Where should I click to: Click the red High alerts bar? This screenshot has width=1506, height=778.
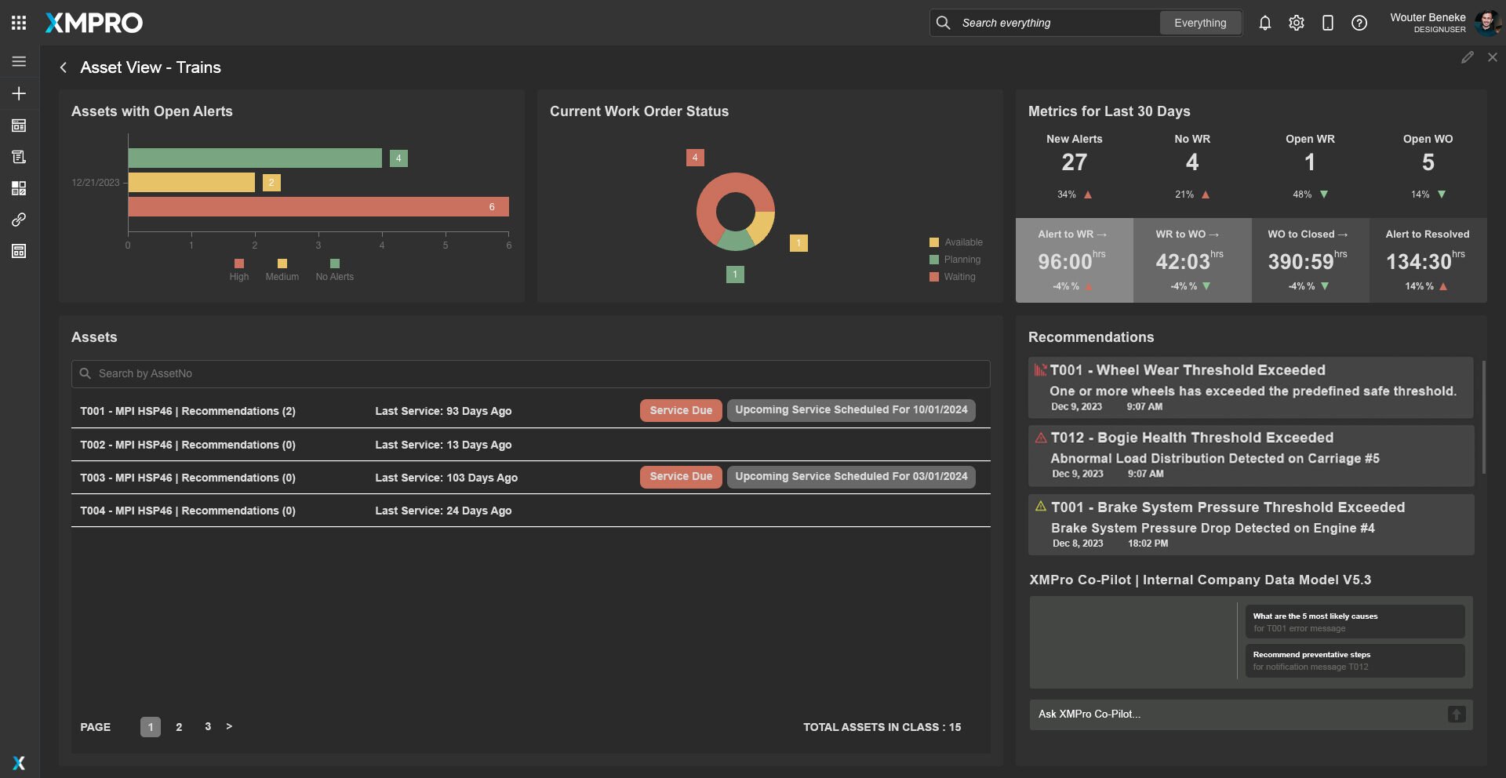[318, 206]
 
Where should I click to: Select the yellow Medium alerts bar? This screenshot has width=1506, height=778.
[191, 183]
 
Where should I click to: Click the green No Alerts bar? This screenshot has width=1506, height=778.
[255, 158]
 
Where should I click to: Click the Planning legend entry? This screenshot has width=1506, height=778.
[955, 260]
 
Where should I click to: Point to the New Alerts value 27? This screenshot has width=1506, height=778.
[1075, 162]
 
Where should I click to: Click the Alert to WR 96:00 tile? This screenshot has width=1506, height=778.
[1075, 260]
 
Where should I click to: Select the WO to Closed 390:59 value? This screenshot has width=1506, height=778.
[1301, 261]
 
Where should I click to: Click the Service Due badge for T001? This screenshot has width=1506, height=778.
[681, 410]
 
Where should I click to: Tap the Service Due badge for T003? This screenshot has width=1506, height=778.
[681, 477]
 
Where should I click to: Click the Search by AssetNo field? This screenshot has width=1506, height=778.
[530, 374]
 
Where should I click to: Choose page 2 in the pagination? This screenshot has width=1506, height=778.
[179, 727]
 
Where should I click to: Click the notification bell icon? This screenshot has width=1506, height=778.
[1265, 23]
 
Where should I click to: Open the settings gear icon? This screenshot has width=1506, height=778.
[1297, 23]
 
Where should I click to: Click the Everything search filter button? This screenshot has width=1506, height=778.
[1200, 23]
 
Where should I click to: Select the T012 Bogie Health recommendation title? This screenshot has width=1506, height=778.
[1192, 438]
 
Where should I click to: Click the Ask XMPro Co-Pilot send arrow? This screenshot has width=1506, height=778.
[1457, 714]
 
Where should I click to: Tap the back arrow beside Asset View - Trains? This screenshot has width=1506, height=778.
[64, 67]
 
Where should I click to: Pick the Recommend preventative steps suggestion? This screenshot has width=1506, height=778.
[1355, 660]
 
